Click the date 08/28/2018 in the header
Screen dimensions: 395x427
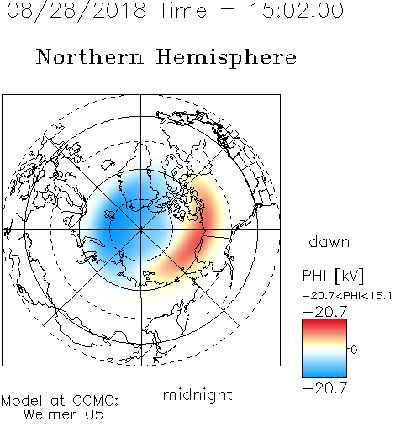pos(76,10)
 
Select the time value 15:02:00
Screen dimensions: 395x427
pos(297,10)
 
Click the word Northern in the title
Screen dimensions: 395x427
pos(90,57)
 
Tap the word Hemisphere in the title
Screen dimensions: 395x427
pos(226,57)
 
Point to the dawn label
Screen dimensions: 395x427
pos(329,241)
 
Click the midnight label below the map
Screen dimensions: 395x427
pos(197,396)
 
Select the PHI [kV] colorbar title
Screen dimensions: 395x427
pos(333,276)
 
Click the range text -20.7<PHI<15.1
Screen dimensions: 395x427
pos(347,296)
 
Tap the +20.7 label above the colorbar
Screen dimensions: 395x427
pos(325,312)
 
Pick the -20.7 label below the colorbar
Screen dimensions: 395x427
pos(325,388)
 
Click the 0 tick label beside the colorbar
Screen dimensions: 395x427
pos(354,350)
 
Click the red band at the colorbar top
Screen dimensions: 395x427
pos(324,326)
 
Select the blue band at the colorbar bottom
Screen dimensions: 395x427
pos(324,371)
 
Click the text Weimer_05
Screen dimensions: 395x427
pos(64,414)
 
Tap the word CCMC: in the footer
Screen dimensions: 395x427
pos(96,401)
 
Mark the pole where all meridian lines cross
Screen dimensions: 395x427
pos(141,230)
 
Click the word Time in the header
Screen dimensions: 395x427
pos(182,10)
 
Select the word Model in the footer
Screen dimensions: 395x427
pos(23,401)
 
